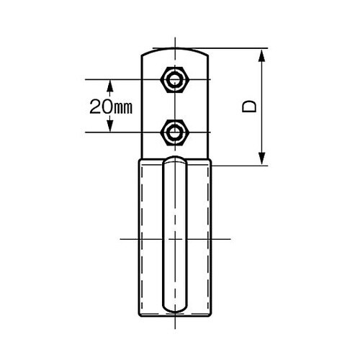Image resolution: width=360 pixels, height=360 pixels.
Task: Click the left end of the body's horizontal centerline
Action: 118,238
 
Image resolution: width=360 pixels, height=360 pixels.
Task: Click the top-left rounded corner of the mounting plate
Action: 144,54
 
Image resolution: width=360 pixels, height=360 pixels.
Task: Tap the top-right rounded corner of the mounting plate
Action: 206,54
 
